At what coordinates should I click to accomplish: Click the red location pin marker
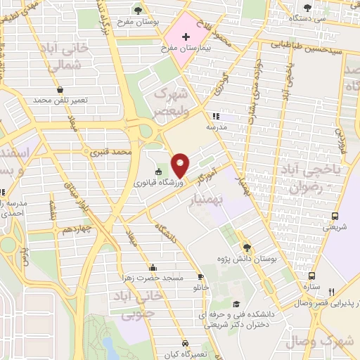tap(180, 165)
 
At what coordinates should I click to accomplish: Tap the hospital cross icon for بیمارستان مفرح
tap(186, 37)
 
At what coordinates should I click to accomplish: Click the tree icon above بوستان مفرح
tap(138, 9)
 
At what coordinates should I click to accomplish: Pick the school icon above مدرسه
tap(216, 116)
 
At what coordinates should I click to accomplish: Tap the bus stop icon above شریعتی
tap(334, 216)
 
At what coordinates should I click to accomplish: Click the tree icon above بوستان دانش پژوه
tap(246, 247)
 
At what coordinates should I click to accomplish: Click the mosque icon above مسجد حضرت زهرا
tap(153, 267)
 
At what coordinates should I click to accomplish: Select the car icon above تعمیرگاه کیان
tap(185, 343)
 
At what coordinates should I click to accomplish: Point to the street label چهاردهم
tap(75, 229)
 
